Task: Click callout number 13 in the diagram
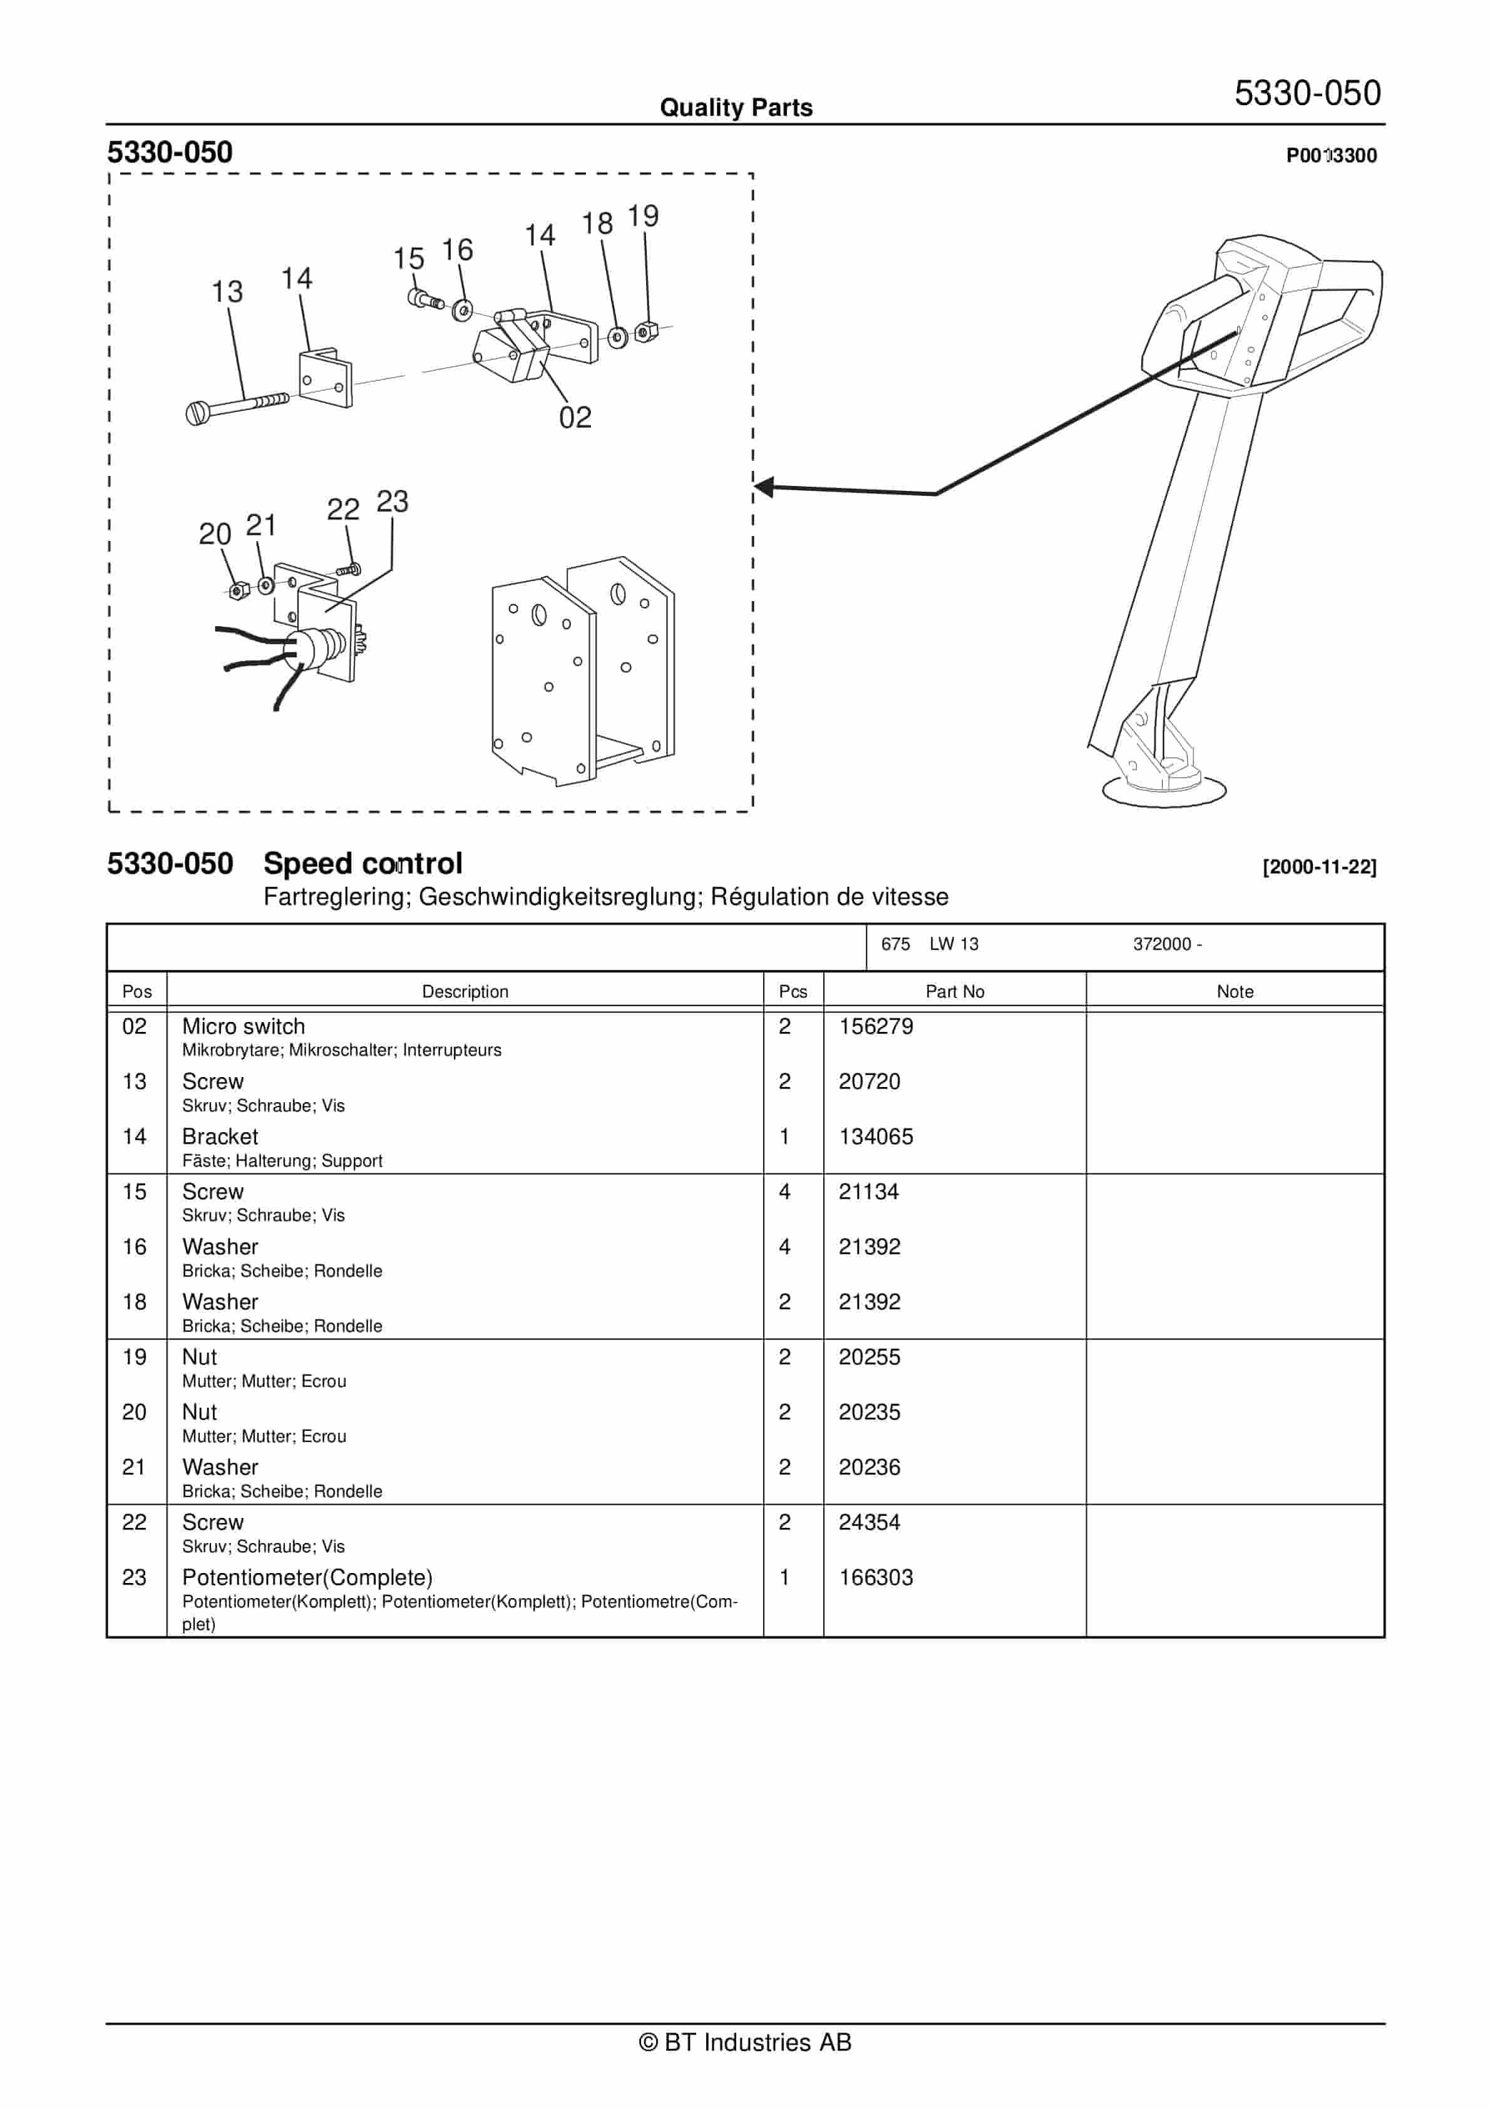click(x=227, y=292)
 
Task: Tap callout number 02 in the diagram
click(x=575, y=418)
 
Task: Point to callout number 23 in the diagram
click(x=393, y=502)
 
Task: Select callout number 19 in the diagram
click(x=643, y=217)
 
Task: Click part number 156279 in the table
click(x=875, y=1026)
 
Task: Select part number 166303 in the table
click(x=875, y=1577)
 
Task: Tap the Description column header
click(x=465, y=991)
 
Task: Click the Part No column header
click(x=955, y=991)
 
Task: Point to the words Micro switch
click(x=244, y=1026)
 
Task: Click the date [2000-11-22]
click(x=1319, y=866)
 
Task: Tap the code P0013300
click(x=1331, y=155)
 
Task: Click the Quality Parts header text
click(x=736, y=108)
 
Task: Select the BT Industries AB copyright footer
click(x=745, y=2042)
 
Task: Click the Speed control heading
click(x=363, y=864)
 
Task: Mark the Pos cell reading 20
click(x=134, y=1412)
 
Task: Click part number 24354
click(x=869, y=1522)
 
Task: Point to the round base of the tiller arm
click(x=1163, y=792)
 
